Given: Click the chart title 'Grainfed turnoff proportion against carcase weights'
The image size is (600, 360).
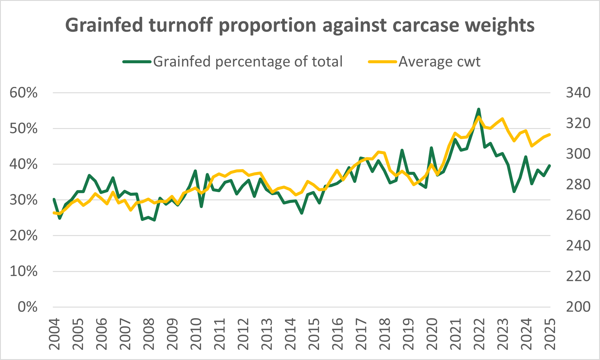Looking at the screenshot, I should point(300,25).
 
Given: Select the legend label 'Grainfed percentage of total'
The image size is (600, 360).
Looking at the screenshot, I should point(248,62).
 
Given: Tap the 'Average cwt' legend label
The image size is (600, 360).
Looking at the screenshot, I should point(439,62).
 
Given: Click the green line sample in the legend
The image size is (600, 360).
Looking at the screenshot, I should point(137,62).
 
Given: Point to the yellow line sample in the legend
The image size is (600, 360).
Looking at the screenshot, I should point(383,62).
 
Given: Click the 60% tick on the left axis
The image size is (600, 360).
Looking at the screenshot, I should point(24,93).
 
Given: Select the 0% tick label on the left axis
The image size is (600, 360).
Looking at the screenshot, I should point(28,307).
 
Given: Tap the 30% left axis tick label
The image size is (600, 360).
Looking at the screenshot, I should point(24,200).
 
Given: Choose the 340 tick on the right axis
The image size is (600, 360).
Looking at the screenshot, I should point(578,93).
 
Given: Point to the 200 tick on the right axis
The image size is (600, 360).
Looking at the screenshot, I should point(578,307).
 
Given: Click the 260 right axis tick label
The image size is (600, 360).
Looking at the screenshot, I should point(578,215).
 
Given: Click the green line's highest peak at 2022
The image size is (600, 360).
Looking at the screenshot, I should point(479,109).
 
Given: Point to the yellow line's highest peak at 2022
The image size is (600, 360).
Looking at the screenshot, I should point(479,117).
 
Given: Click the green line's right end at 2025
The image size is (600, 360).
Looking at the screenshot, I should point(550,165).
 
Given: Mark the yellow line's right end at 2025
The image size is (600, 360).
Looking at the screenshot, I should point(550,135).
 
